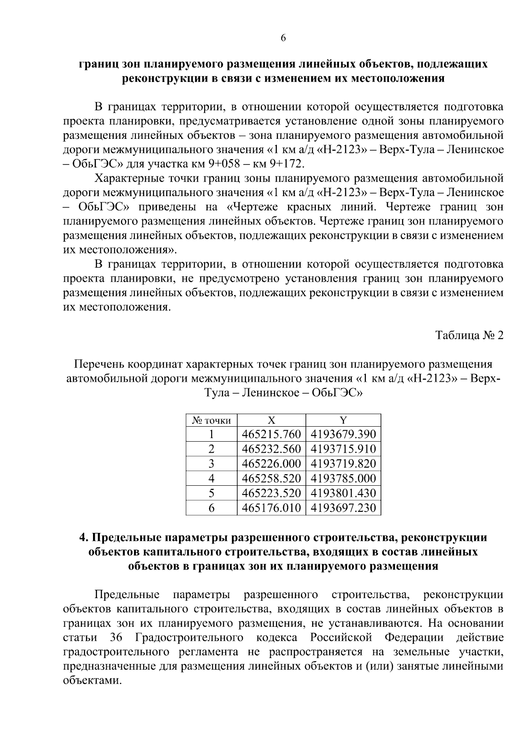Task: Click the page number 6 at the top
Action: pyautogui.click(x=283, y=38)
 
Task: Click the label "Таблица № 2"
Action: pyautogui.click(x=469, y=335)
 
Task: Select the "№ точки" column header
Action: pyautogui.click(x=211, y=421)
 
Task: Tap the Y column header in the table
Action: pyautogui.click(x=343, y=420)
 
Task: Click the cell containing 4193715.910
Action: pyautogui.click(x=343, y=449)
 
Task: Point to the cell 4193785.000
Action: pyautogui.click(x=343, y=478)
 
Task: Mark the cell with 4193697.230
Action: pyautogui.click(x=343, y=508)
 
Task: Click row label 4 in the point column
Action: pyautogui.click(x=211, y=478)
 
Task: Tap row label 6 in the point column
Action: pyautogui.click(x=211, y=508)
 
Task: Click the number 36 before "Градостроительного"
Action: pyautogui.click(x=115, y=638)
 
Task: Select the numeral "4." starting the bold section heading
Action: pyautogui.click(x=84, y=538)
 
